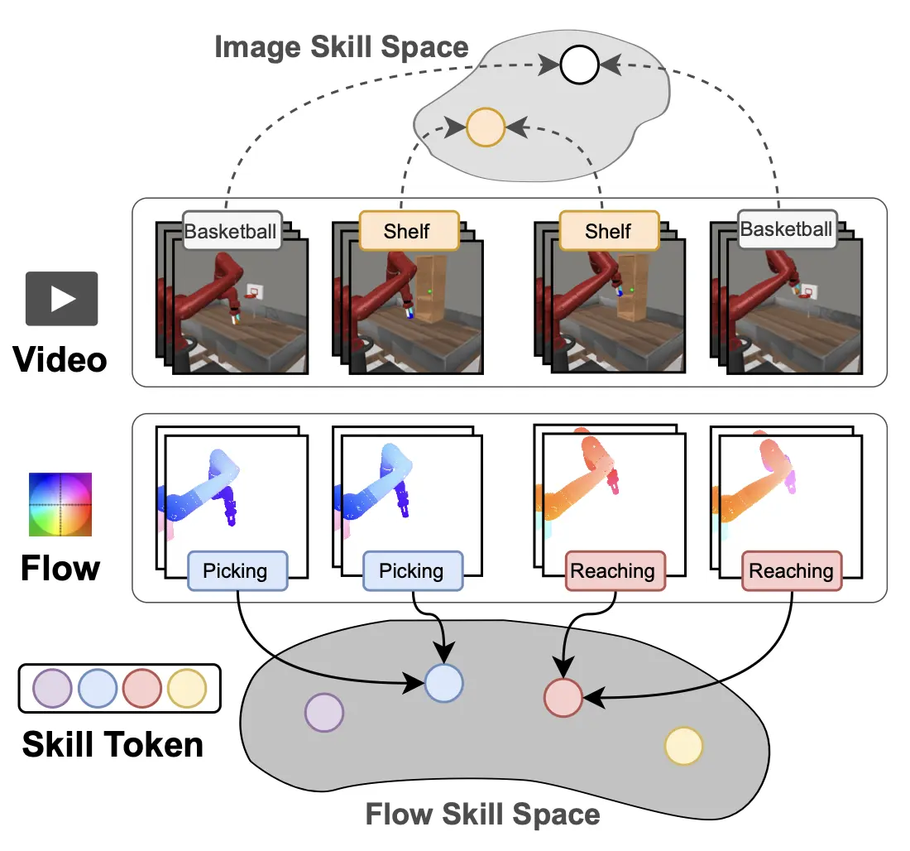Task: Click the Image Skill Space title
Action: pos(341,46)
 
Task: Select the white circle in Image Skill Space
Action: pos(578,65)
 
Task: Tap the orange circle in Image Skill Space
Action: pos(486,127)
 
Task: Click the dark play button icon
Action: pos(62,298)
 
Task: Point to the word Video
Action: pos(60,360)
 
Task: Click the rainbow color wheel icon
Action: pos(60,505)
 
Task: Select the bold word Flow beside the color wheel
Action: pos(60,568)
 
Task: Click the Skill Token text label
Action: pos(113,744)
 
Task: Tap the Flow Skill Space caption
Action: pos(482,815)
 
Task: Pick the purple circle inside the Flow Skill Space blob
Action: pos(324,712)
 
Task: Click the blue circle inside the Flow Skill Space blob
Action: pos(444,683)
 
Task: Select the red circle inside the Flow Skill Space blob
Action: pos(563,697)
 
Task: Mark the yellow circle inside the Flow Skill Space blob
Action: pos(684,746)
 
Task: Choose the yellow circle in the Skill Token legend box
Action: pos(187,688)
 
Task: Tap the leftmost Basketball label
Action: pos(231,231)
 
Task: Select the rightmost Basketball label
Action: pos(786,229)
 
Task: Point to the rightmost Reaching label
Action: pos(791,571)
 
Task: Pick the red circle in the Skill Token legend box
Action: pos(142,688)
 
